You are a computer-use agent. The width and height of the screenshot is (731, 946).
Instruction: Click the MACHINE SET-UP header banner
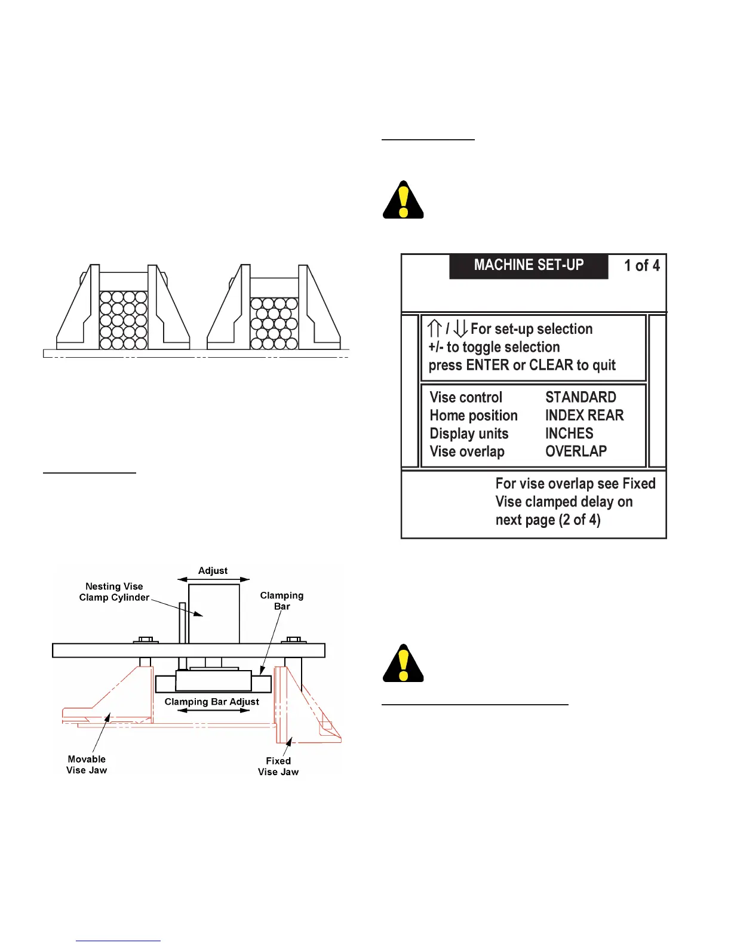(x=529, y=266)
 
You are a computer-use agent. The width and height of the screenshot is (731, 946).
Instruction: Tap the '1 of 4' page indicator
(x=641, y=266)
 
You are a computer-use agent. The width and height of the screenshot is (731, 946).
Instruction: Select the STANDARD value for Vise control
(x=580, y=398)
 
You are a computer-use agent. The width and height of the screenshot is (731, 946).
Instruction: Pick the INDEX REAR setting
(x=584, y=416)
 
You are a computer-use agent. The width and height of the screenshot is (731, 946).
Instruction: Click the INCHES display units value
(x=569, y=434)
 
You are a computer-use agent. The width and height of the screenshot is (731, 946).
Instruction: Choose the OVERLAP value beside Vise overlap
(x=576, y=451)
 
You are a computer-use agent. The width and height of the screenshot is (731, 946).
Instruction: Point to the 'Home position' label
(x=474, y=416)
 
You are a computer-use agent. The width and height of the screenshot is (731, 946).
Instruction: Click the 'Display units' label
(x=469, y=434)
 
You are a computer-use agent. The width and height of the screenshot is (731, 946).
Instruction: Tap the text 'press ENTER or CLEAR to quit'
(x=522, y=365)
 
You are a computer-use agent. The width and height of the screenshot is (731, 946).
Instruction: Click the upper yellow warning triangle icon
(x=404, y=201)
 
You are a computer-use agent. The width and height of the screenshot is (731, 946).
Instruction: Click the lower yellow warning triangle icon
(x=404, y=664)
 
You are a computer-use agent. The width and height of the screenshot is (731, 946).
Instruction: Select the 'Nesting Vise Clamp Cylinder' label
(x=114, y=592)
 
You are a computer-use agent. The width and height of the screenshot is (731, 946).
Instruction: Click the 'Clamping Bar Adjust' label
(x=212, y=702)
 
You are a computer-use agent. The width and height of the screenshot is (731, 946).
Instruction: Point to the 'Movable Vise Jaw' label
(x=87, y=764)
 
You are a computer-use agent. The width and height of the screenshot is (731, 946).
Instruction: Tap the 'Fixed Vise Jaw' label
(x=278, y=766)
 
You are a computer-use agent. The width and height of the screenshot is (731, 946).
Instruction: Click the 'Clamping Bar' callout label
(x=282, y=601)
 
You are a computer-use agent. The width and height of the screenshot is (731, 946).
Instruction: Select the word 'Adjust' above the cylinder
(x=213, y=570)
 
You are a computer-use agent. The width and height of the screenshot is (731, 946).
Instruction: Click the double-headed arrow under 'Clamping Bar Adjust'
(x=213, y=711)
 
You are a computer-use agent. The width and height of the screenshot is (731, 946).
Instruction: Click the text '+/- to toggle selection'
(x=494, y=348)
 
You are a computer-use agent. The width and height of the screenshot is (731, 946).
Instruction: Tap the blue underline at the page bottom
(x=119, y=941)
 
